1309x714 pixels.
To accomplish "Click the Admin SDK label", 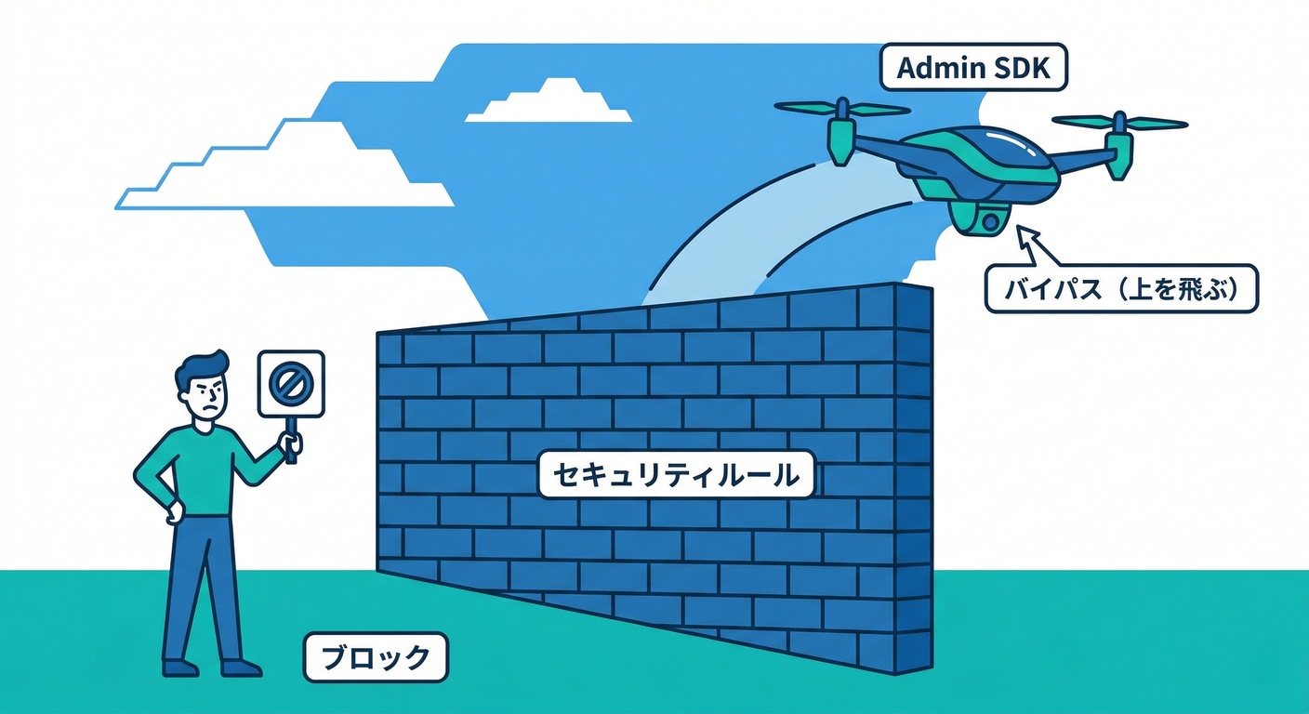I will tap(973, 68).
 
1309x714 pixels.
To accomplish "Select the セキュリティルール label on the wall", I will tap(676, 475).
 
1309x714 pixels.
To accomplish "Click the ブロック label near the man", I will tap(376, 657).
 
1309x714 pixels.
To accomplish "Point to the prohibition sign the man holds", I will tap(291, 383).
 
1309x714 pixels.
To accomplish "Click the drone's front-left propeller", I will tap(842, 110).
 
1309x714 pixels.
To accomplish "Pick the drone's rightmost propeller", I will tap(1119, 123).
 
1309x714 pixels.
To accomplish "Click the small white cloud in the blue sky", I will tap(549, 102).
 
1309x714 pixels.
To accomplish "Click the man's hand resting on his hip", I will tap(173, 512).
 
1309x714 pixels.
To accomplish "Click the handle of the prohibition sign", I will tap(292, 443).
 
